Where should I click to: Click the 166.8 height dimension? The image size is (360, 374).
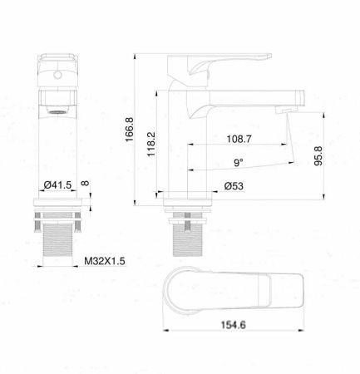click(130, 130)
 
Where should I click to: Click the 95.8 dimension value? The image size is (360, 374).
click(318, 156)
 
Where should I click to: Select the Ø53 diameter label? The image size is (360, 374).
click(234, 187)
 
